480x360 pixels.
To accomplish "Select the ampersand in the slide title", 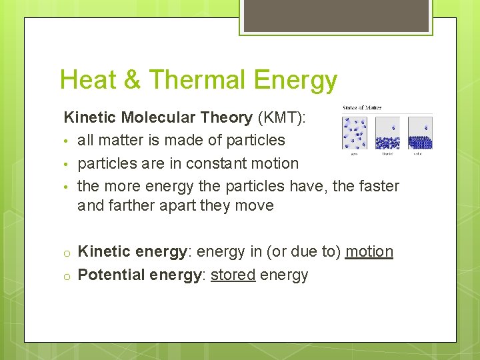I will point(133,80).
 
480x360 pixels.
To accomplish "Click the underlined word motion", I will point(369,251).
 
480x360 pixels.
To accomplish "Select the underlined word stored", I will point(233,275).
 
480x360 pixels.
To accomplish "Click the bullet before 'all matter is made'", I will point(67,141).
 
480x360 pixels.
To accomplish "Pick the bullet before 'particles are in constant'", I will point(67,164).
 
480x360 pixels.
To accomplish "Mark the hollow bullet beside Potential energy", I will point(67,275).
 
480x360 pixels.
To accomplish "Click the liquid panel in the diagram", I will point(387,133).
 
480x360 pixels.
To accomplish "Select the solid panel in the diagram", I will point(419,133).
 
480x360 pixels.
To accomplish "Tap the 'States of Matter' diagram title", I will point(362,108).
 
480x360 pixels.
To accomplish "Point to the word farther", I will point(133,205).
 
